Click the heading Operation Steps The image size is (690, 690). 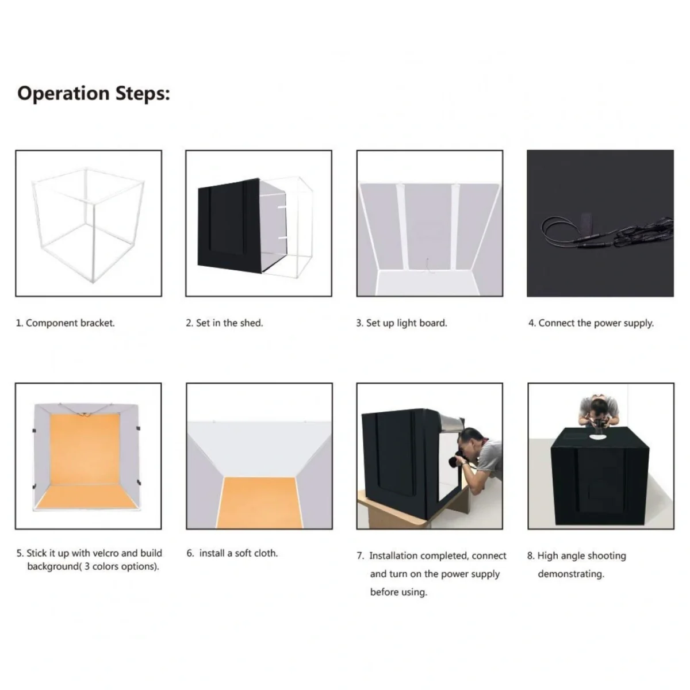coord(93,93)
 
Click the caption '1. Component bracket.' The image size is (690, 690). coord(65,323)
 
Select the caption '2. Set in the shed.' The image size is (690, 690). coord(224,323)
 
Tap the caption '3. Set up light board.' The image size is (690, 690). coord(401,323)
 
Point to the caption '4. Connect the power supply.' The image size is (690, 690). coord(591,323)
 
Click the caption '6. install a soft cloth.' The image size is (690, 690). coord(232,553)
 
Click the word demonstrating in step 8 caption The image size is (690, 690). coord(570,574)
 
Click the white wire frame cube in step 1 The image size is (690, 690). coord(87,224)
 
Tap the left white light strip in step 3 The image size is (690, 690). coord(401,227)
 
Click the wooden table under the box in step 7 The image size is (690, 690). coord(391,515)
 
